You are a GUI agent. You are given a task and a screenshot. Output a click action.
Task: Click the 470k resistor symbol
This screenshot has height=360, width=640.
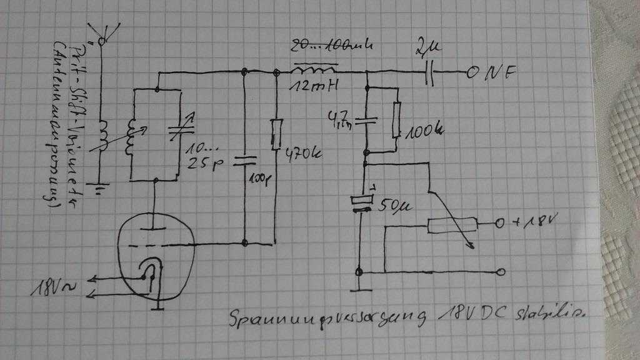coord(276,135)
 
